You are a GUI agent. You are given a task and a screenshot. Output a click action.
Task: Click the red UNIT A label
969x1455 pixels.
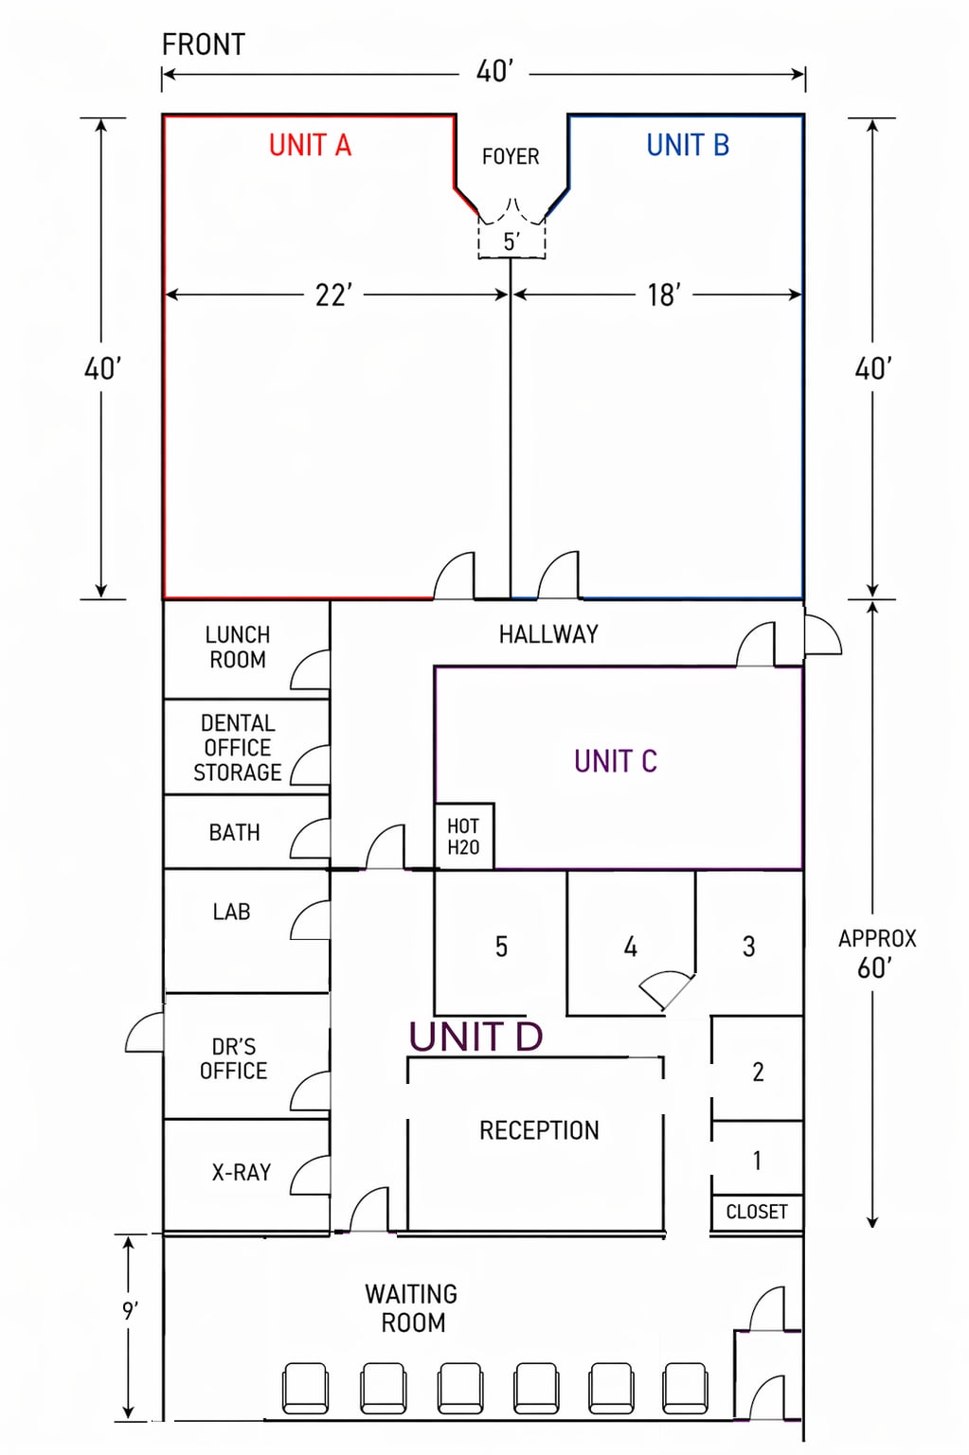310,145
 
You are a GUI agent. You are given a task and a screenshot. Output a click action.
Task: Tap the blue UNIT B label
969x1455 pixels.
688,145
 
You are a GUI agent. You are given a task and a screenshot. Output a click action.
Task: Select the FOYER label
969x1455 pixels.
511,156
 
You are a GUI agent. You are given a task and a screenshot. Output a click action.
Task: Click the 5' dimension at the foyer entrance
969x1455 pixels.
511,241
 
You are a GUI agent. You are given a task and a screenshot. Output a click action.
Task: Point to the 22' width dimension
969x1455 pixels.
333,295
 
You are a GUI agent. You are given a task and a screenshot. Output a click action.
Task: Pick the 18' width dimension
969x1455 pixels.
664,295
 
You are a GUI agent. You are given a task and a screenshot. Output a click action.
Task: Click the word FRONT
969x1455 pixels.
204,44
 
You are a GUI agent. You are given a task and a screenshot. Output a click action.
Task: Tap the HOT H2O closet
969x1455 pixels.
463,837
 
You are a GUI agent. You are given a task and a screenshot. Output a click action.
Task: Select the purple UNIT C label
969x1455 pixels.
616,761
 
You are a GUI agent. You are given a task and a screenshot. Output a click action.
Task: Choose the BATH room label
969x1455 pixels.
235,832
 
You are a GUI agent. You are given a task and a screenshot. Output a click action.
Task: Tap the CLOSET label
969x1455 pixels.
757,1212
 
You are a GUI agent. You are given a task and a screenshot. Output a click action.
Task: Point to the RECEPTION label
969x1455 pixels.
539,1131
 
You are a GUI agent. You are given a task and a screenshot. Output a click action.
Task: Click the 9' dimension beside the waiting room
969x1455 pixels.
130,1311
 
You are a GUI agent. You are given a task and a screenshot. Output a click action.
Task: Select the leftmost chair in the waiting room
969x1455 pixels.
305,1388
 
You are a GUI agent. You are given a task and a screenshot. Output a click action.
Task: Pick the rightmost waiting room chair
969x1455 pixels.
686,1388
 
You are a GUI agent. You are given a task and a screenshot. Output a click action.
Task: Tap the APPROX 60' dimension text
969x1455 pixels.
877,953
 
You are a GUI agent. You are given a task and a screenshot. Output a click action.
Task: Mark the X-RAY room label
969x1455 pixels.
242,1172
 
